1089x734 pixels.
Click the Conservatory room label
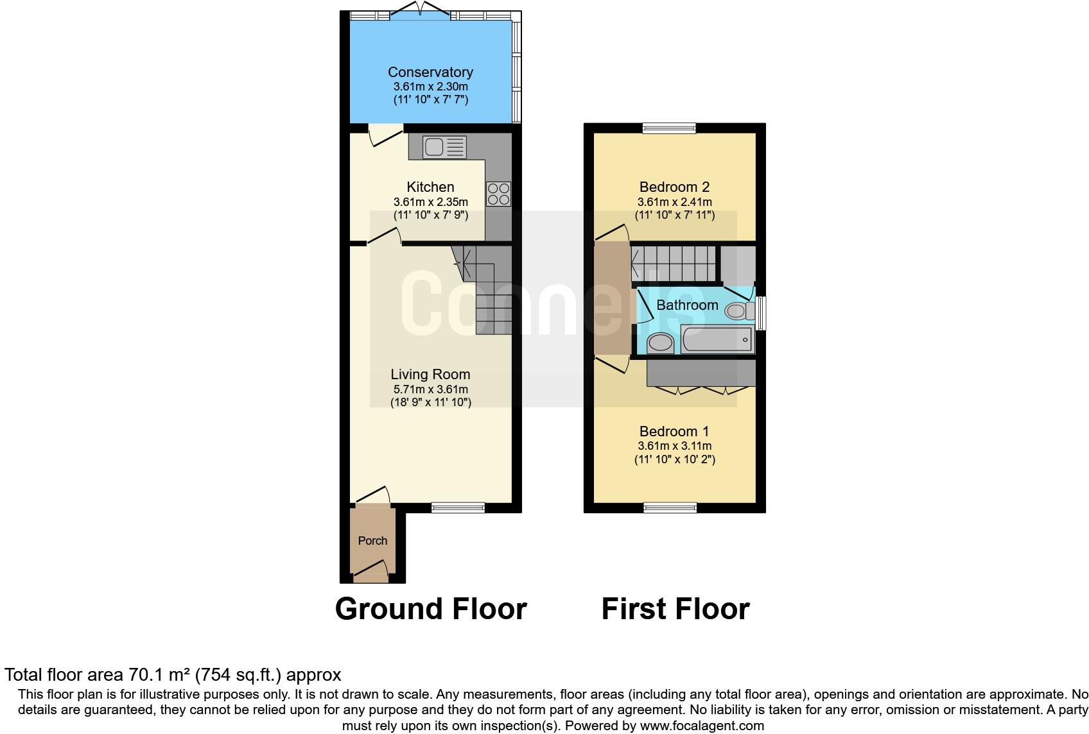click(x=430, y=73)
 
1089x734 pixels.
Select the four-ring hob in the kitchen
click(x=499, y=194)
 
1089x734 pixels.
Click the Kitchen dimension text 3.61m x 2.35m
click(x=430, y=201)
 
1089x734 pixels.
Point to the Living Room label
click(x=430, y=374)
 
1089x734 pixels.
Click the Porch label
click(x=372, y=541)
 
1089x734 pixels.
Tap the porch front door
click(x=371, y=572)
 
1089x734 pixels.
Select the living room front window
click(x=458, y=508)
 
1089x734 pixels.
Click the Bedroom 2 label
click(x=674, y=187)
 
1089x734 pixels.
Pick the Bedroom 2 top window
click(x=669, y=128)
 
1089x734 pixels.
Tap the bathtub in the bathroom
click(x=718, y=339)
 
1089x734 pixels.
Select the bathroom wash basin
click(x=660, y=343)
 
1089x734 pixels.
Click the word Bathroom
click(x=687, y=305)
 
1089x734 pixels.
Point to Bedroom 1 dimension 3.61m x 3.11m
click(x=674, y=446)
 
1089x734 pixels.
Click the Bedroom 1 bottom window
click(x=670, y=508)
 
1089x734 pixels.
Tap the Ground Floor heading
click(x=431, y=609)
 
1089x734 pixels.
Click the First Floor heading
click(x=675, y=609)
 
